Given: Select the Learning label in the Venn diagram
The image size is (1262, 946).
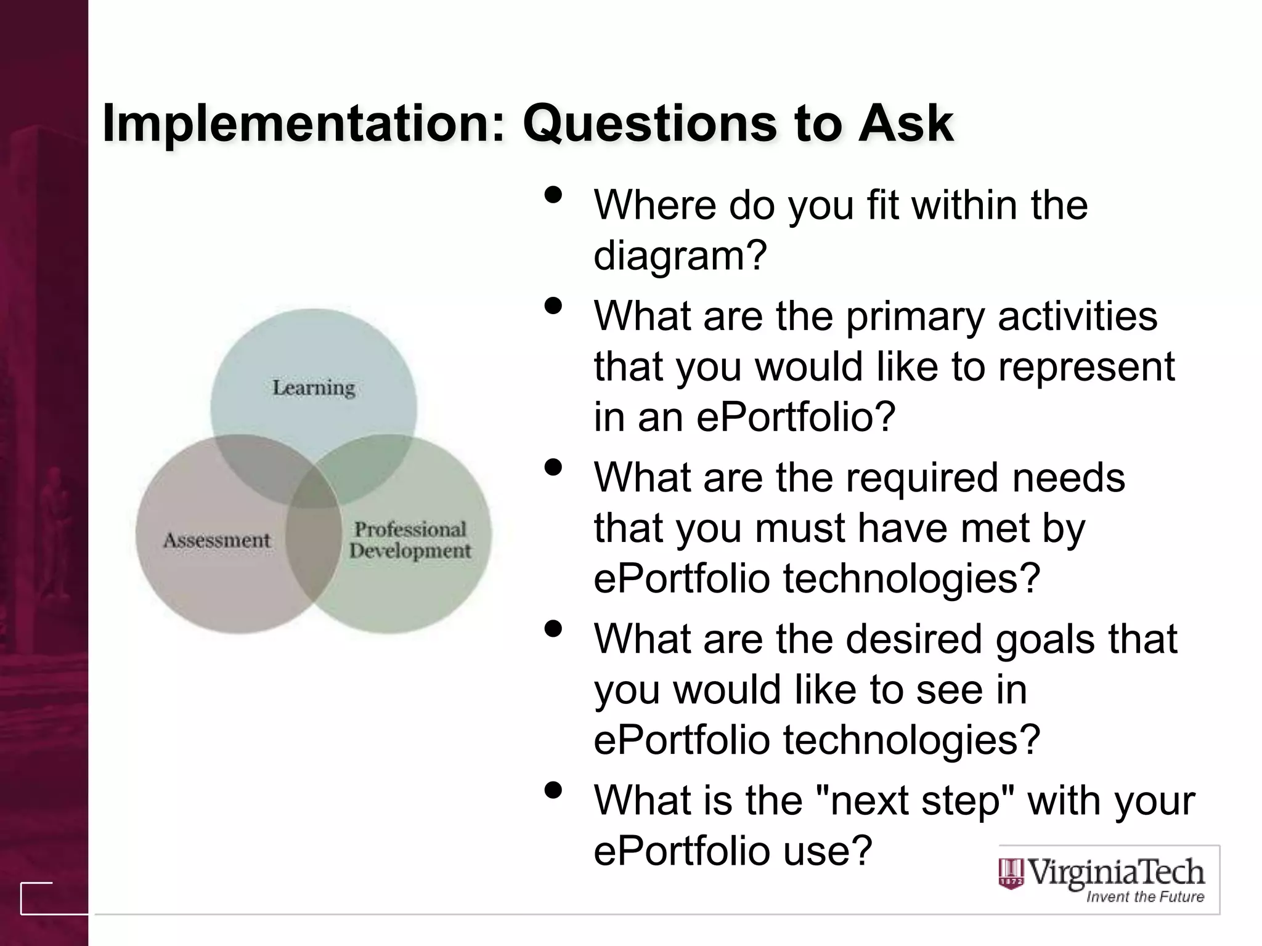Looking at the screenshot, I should (x=314, y=388).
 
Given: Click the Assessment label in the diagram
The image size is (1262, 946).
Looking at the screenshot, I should (x=216, y=540).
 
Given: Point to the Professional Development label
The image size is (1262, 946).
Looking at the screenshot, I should (x=410, y=540).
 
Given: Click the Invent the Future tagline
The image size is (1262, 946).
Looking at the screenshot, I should (x=1144, y=897).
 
